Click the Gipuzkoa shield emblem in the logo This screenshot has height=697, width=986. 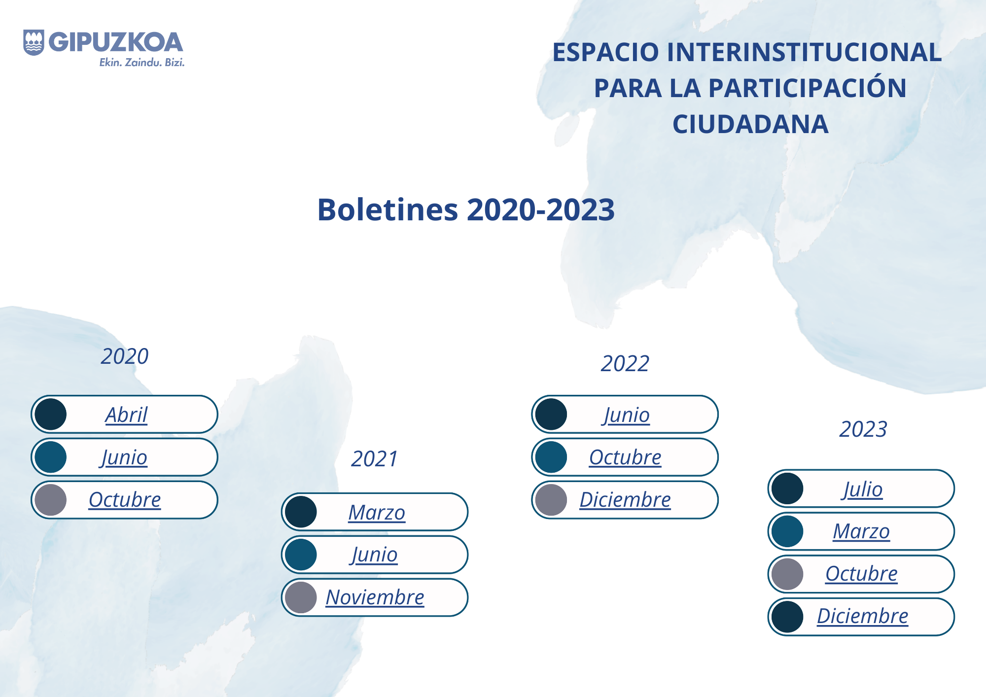pyautogui.click(x=34, y=42)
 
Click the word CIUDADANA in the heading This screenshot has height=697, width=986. pyautogui.click(x=750, y=124)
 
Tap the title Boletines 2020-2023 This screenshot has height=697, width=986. pyautogui.click(x=466, y=209)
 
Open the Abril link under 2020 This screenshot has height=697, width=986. pyautogui.click(x=126, y=415)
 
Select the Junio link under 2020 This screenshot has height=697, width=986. pyautogui.click(x=124, y=457)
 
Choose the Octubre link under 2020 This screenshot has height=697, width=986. pyautogui.click(x=125, y=499)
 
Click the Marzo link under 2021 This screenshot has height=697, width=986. pyautogui.click(x=377, y=512)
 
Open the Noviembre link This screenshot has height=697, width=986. pyautogui.click(x=375, y=597)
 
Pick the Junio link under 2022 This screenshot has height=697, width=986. pyautogui.click(x=626, y=415)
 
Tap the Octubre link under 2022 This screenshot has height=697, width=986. pyautogui.click(x=625, y=457)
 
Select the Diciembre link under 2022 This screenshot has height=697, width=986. pyautogui.click(x=625, y=499)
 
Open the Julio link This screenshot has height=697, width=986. pyautogui.click(x=862, y=489)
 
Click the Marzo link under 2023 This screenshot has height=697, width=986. pyautogui.click(x=861, y=531)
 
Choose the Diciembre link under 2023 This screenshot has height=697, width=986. pyautogui.click(x=862, y=616)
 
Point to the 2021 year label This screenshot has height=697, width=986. pyautogui.click(x=374, y=459)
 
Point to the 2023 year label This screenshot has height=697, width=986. pyautogui.click(x=863, y=429)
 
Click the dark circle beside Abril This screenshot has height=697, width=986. pyautogui.click(x=51, y=414)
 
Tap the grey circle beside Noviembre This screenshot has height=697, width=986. pyautogui.click(x=301, y=597)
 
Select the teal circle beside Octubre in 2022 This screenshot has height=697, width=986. pyautogui.click(x=551, y=457)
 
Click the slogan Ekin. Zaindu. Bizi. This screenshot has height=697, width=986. pyautogui.click(x=142, y=63)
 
